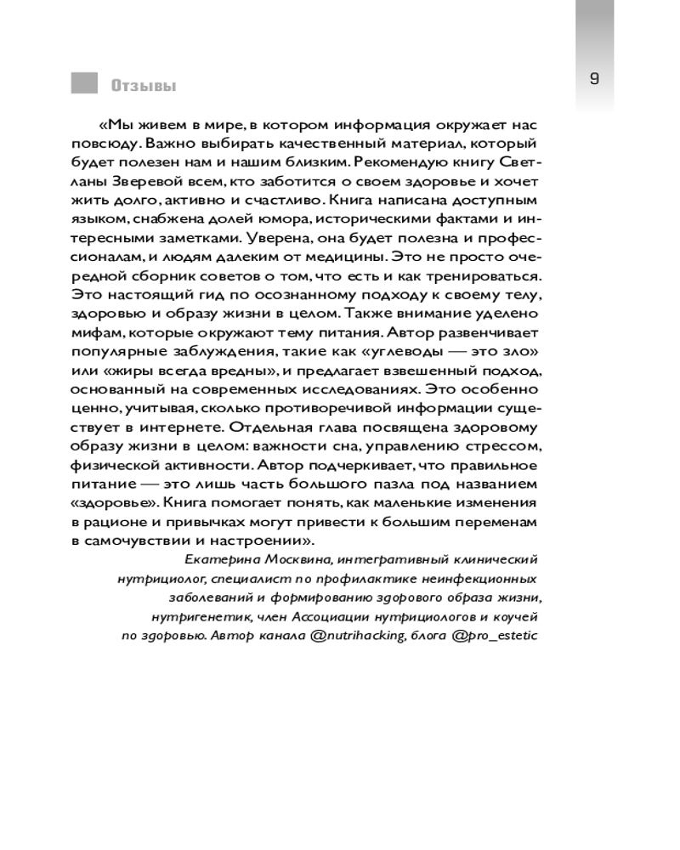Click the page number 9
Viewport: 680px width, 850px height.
pyautogui.click(x=594, y=79)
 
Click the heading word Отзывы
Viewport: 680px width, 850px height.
pyautogui.click(x=142, y=85)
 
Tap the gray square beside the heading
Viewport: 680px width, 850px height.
pyautogui.click(x=84, y=82)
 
